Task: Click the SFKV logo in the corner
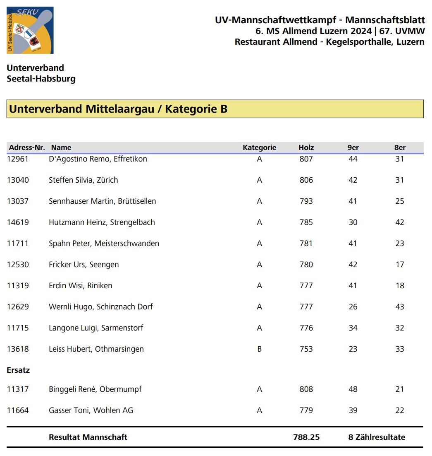pos(30,30)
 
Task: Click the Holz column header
pos(306,147)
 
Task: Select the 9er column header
pos(353,147)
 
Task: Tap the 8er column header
pos(400,147)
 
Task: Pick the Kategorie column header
pos(259,147)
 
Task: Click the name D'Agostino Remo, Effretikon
pos(98,159)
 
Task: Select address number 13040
pos(18,180)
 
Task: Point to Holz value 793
pos(306,201)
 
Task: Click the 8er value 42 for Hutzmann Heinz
pos(399,222)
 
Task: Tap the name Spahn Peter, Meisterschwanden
pos(104,244)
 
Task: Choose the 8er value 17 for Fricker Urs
pos(399,265)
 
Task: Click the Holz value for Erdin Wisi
pos(306,286)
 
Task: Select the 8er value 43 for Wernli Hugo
pos(399,307)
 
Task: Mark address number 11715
pos(18,328)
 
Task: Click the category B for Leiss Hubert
pos(259,349)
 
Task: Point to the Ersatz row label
pos(18,370)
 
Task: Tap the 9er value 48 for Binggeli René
pos(353,389)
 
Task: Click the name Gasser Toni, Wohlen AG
pos(91,410)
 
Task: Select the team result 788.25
pos(306,437)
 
